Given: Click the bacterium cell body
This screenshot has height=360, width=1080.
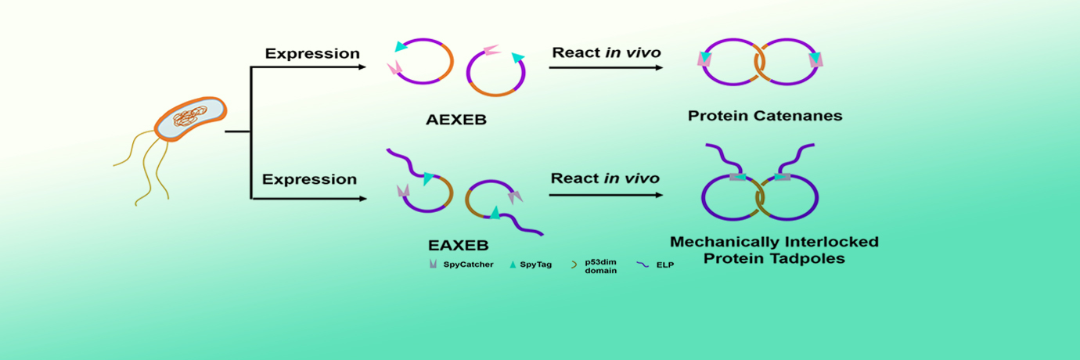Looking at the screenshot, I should click(x=190, y=119).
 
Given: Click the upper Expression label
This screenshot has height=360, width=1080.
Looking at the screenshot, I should click(x=312, y=54).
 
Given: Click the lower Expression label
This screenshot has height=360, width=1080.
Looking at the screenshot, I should click(x=309, y=179).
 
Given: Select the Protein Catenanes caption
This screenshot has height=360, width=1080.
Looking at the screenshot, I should click(x=765, y=116).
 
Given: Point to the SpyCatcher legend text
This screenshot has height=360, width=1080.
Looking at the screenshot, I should click(x=468, y=265).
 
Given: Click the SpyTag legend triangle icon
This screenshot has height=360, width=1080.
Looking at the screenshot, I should click(x=513, y=265).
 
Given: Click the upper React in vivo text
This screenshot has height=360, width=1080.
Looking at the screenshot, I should click(x=607, y=53).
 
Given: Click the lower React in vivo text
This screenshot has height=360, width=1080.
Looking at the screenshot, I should click(x=605, y=178).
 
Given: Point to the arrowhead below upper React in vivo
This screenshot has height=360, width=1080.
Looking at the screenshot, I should click(x=659, y=68).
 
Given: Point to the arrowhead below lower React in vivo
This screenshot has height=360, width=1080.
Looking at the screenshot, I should click(x=659, y=194).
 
